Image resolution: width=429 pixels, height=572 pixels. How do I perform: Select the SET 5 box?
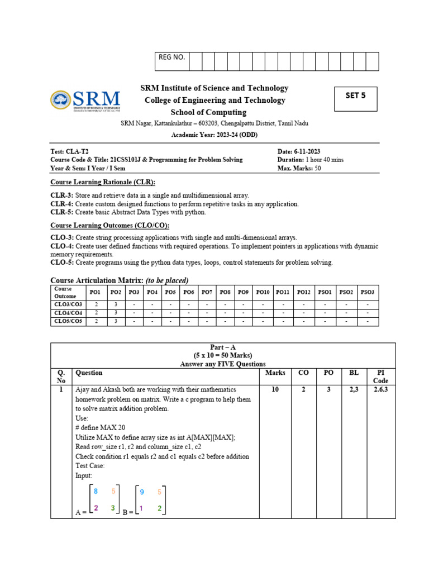(x=355, y=99)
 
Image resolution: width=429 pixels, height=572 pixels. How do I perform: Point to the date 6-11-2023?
(x=306, y=151)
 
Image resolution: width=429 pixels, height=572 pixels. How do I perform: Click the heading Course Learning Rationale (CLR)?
(x=103, y=182)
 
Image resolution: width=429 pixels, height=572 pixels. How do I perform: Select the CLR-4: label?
(x=62, y=204)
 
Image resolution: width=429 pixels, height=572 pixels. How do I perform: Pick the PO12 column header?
(x=303, y=292)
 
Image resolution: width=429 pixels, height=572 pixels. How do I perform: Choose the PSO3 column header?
(x=367, y=292)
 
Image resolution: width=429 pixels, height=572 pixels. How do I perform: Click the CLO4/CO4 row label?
(x=68, y=313)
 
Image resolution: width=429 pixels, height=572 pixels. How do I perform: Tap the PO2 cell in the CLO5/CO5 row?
(x=116, y=321)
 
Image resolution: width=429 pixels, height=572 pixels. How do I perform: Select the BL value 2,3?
(x=355, y=389)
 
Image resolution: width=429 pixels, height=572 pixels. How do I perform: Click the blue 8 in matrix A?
(x=96, y=492)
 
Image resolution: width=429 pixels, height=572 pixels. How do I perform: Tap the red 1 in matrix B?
(x=141, y=508)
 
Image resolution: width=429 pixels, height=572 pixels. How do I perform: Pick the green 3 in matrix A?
(x=113, y=508)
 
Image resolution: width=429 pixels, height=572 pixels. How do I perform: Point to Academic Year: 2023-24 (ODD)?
(x=214, y=135)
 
